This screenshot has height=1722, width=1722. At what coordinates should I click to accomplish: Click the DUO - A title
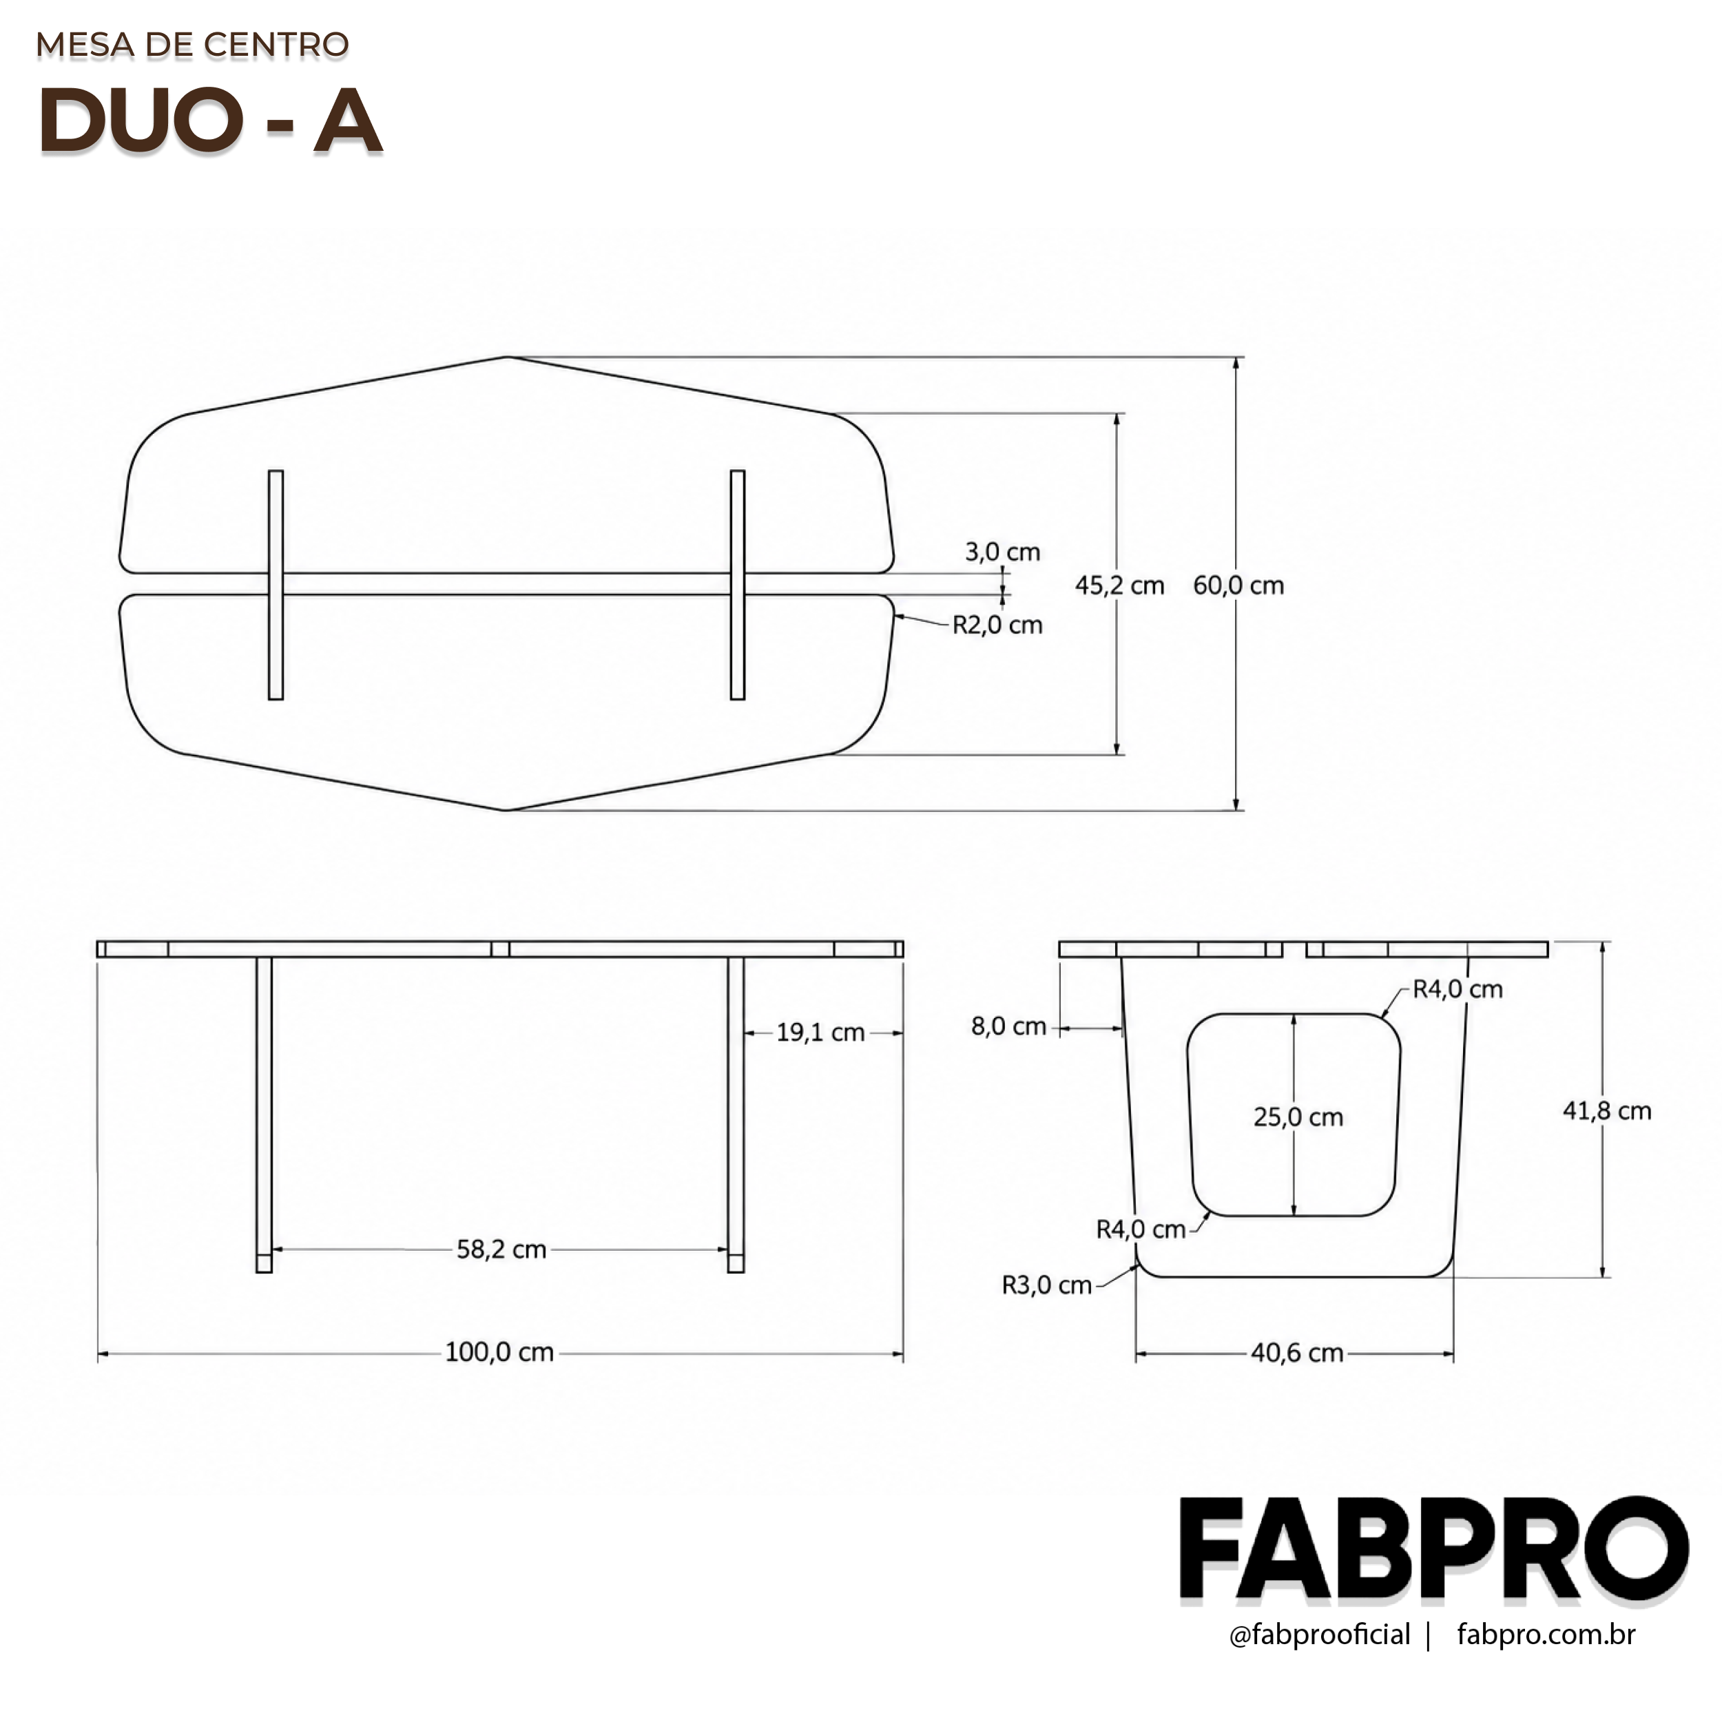pyautogui.click(x=210, y=121)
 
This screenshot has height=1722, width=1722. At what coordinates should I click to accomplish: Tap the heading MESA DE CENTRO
pyautogui.click(x=193, y=45)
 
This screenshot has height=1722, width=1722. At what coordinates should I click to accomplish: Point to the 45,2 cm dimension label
pyautogui.click(x=1119, y=585)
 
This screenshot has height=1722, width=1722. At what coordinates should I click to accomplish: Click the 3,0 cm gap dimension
pyautogui.click(x=1003, y=552)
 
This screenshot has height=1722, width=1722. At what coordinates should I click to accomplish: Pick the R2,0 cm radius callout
pyautogui.click(x=997, y=625)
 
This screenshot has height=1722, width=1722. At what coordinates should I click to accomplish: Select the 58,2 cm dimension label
pyautogui.click(x=501, y=1249)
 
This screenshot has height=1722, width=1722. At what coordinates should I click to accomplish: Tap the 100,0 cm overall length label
pyautogui.click(x=500, y=1352)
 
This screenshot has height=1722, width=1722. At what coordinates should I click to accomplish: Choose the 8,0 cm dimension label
pyautogui.click(x=1009, y=1026)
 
